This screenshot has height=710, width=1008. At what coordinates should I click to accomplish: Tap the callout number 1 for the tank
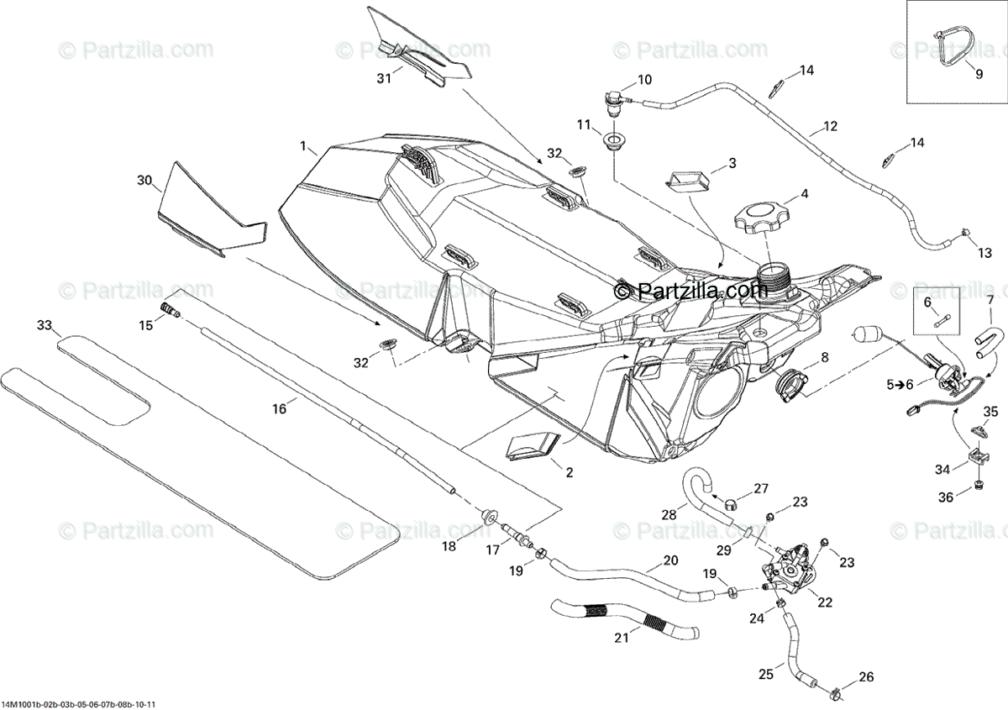click(303, 146)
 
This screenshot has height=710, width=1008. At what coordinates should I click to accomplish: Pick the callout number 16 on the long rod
click(279, 408)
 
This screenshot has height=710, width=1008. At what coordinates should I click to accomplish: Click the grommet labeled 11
click(615, 139)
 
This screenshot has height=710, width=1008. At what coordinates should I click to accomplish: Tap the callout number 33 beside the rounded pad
click(45, 324)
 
